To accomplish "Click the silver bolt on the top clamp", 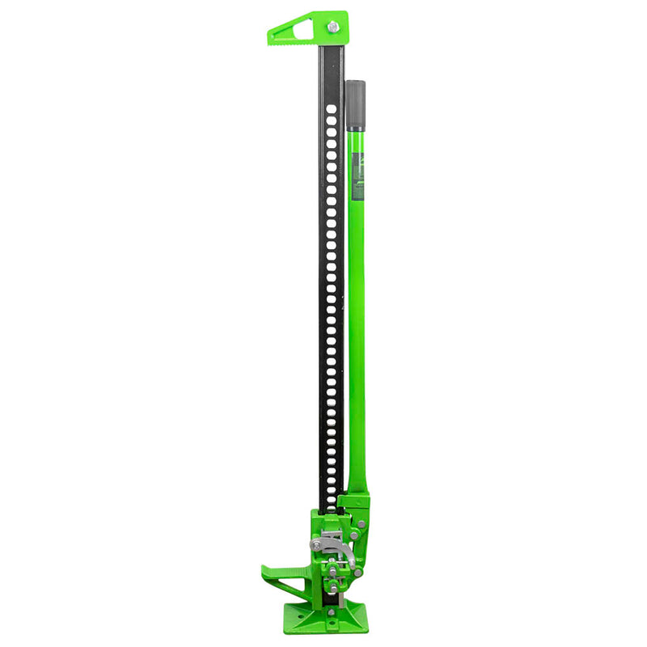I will (x=333, y=27).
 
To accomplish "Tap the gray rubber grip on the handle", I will (x=355, y=105).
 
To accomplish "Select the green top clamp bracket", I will (x=311, y=29).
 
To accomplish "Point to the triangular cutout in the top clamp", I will (x=292, y=32).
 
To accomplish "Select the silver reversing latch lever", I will (x=336, y=543).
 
